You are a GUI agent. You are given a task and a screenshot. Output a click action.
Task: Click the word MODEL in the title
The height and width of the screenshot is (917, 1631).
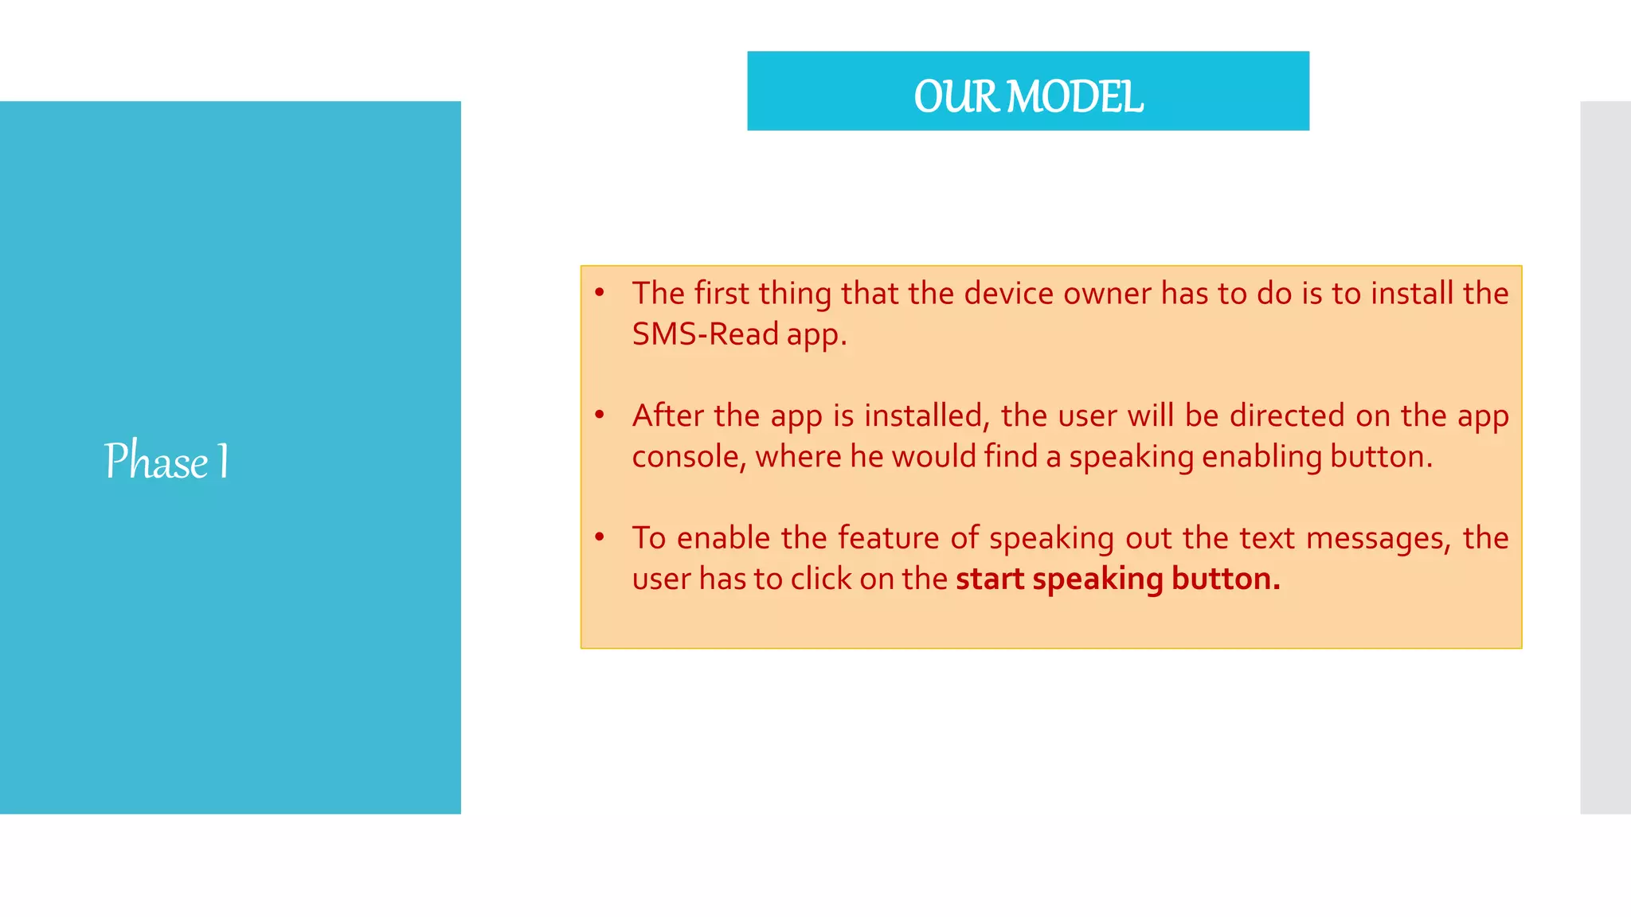pyautogui.click(x=1074, y=97)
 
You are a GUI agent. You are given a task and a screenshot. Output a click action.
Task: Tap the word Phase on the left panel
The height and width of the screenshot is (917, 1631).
pyautogui.click(x=156, y=461)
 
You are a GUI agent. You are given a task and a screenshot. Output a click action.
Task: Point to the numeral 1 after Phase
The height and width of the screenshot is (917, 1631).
pyautogui.click(x=223, y=461)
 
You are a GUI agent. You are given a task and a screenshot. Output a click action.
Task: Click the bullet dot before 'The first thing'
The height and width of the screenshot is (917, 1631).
pyautogui.click(x=600, y=293)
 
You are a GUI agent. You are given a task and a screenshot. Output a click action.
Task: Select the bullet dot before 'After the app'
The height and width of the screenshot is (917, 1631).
pyautogui.click(x=600, y=415)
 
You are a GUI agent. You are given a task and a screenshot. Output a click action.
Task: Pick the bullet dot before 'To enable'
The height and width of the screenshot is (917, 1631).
pyautogui.click(x=600, y=537)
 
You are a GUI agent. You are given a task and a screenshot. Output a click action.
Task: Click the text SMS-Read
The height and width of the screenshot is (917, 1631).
pyautogui.click(x=705, y=334)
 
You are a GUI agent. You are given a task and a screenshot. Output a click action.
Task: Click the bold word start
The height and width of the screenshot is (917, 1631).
pyautogui.click(x=990, y=579)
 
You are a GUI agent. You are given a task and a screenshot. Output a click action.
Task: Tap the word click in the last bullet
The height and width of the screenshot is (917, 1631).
pyautogui.click(x=820, y=579)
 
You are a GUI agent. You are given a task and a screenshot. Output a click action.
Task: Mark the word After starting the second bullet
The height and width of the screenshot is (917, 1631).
pyautogui.click(x=668, y=416)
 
